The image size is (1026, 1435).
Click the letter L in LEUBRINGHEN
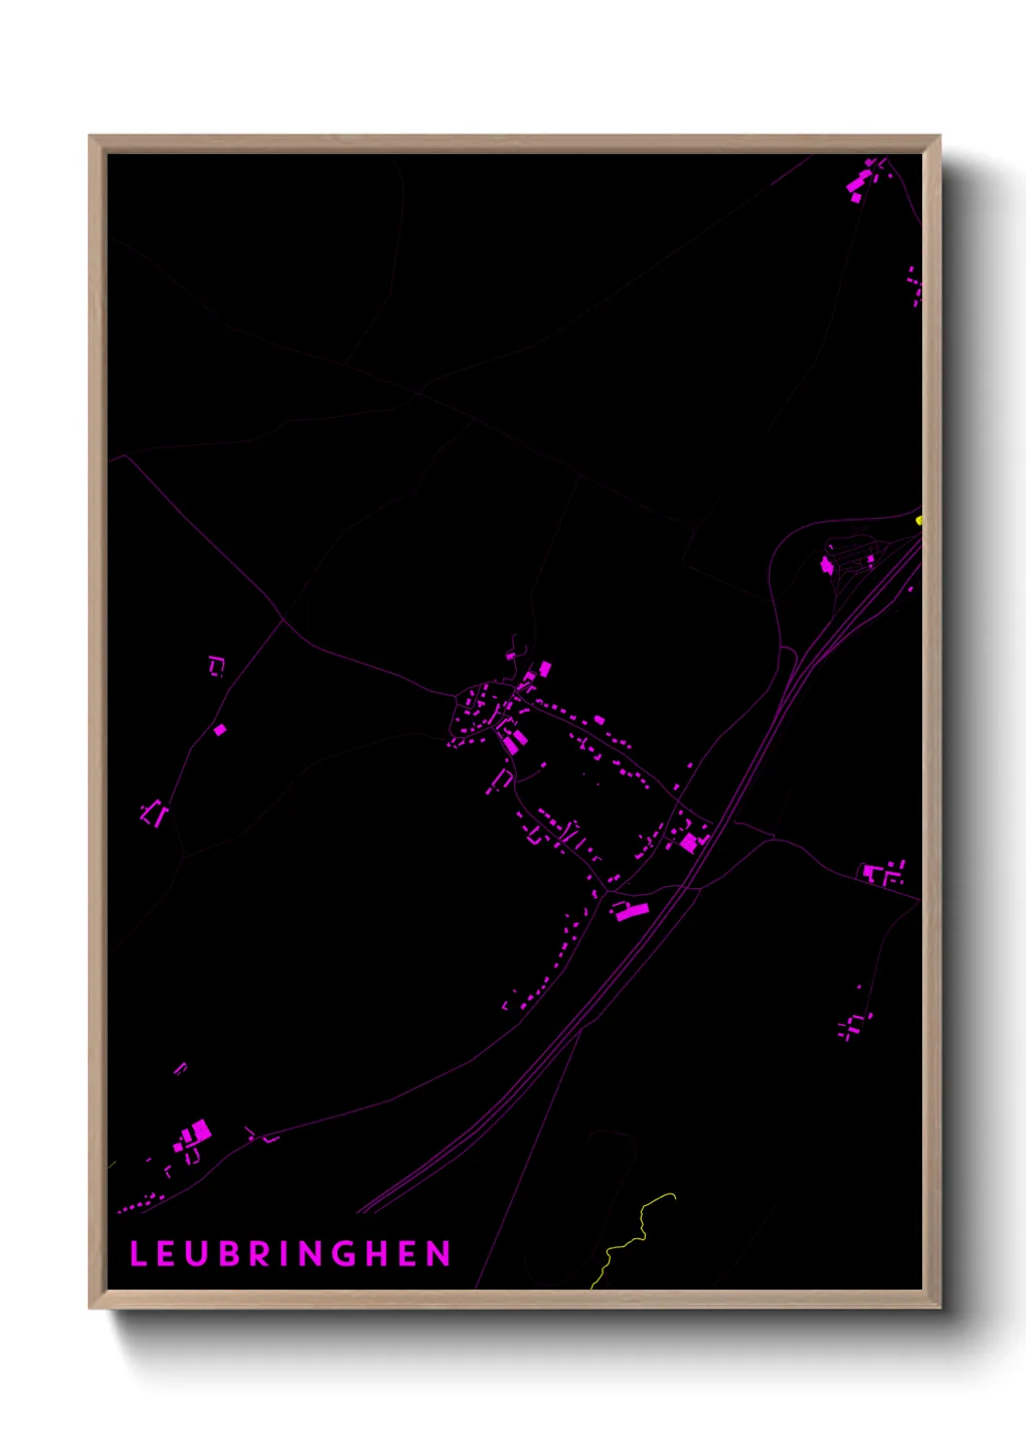[x=137, y=1254]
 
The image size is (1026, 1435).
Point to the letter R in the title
[x=260, y=1254]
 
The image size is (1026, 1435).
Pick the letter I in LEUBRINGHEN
[x=284, y=1254]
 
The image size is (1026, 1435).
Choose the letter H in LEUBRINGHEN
[x=377, y=1254]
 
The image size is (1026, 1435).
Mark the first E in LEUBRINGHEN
[x=167, y=1254]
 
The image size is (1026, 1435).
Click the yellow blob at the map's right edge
[x=918, y=521]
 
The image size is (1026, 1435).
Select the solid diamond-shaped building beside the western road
[x=220, y=729]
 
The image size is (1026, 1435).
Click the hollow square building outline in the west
[x=216, y=665]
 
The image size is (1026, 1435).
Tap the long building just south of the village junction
[x=629, y=910]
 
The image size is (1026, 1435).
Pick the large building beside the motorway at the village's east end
[x=689, y=843]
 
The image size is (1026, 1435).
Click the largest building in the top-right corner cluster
[x=858, y=183]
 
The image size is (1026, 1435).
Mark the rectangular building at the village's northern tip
[x=545, y=668]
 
